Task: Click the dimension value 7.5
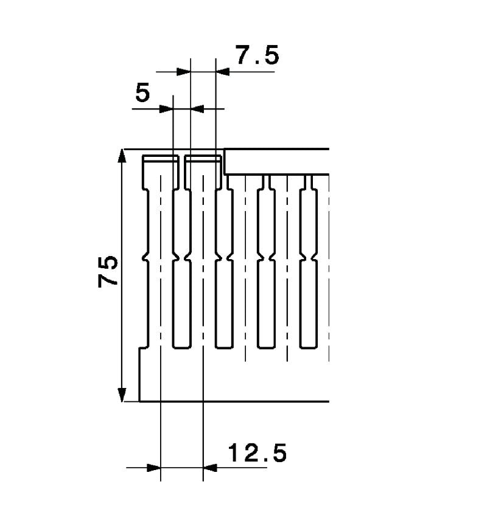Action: (x=257, y=55)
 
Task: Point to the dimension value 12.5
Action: (x=257, y=453)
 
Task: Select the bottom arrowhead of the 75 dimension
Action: (x=122, y=394)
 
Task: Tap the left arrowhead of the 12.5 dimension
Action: (x=153, y=468)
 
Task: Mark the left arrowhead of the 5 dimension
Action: (x=166, y=109)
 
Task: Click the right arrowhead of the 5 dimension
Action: (x=198, y=109)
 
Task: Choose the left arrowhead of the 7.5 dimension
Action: (x=183, y=72)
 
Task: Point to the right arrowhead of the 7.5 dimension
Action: (x=223, y=72)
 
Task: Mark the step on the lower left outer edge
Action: (x=141, y=348)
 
